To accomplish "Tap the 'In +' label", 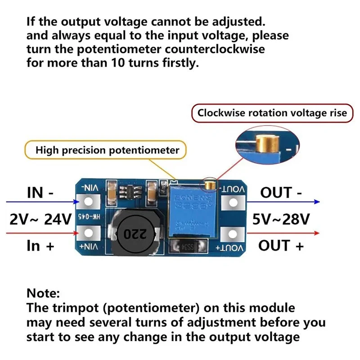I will tap(40, 246).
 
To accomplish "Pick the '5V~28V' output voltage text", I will tap(281, 219).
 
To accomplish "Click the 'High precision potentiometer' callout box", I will tap(107, 150).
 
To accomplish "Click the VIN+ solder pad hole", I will tap(89, 233).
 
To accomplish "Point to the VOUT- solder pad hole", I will tap(233, 202).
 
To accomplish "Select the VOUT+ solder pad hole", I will tap(233, 234).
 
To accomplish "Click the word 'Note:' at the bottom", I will tap(43, 293).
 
